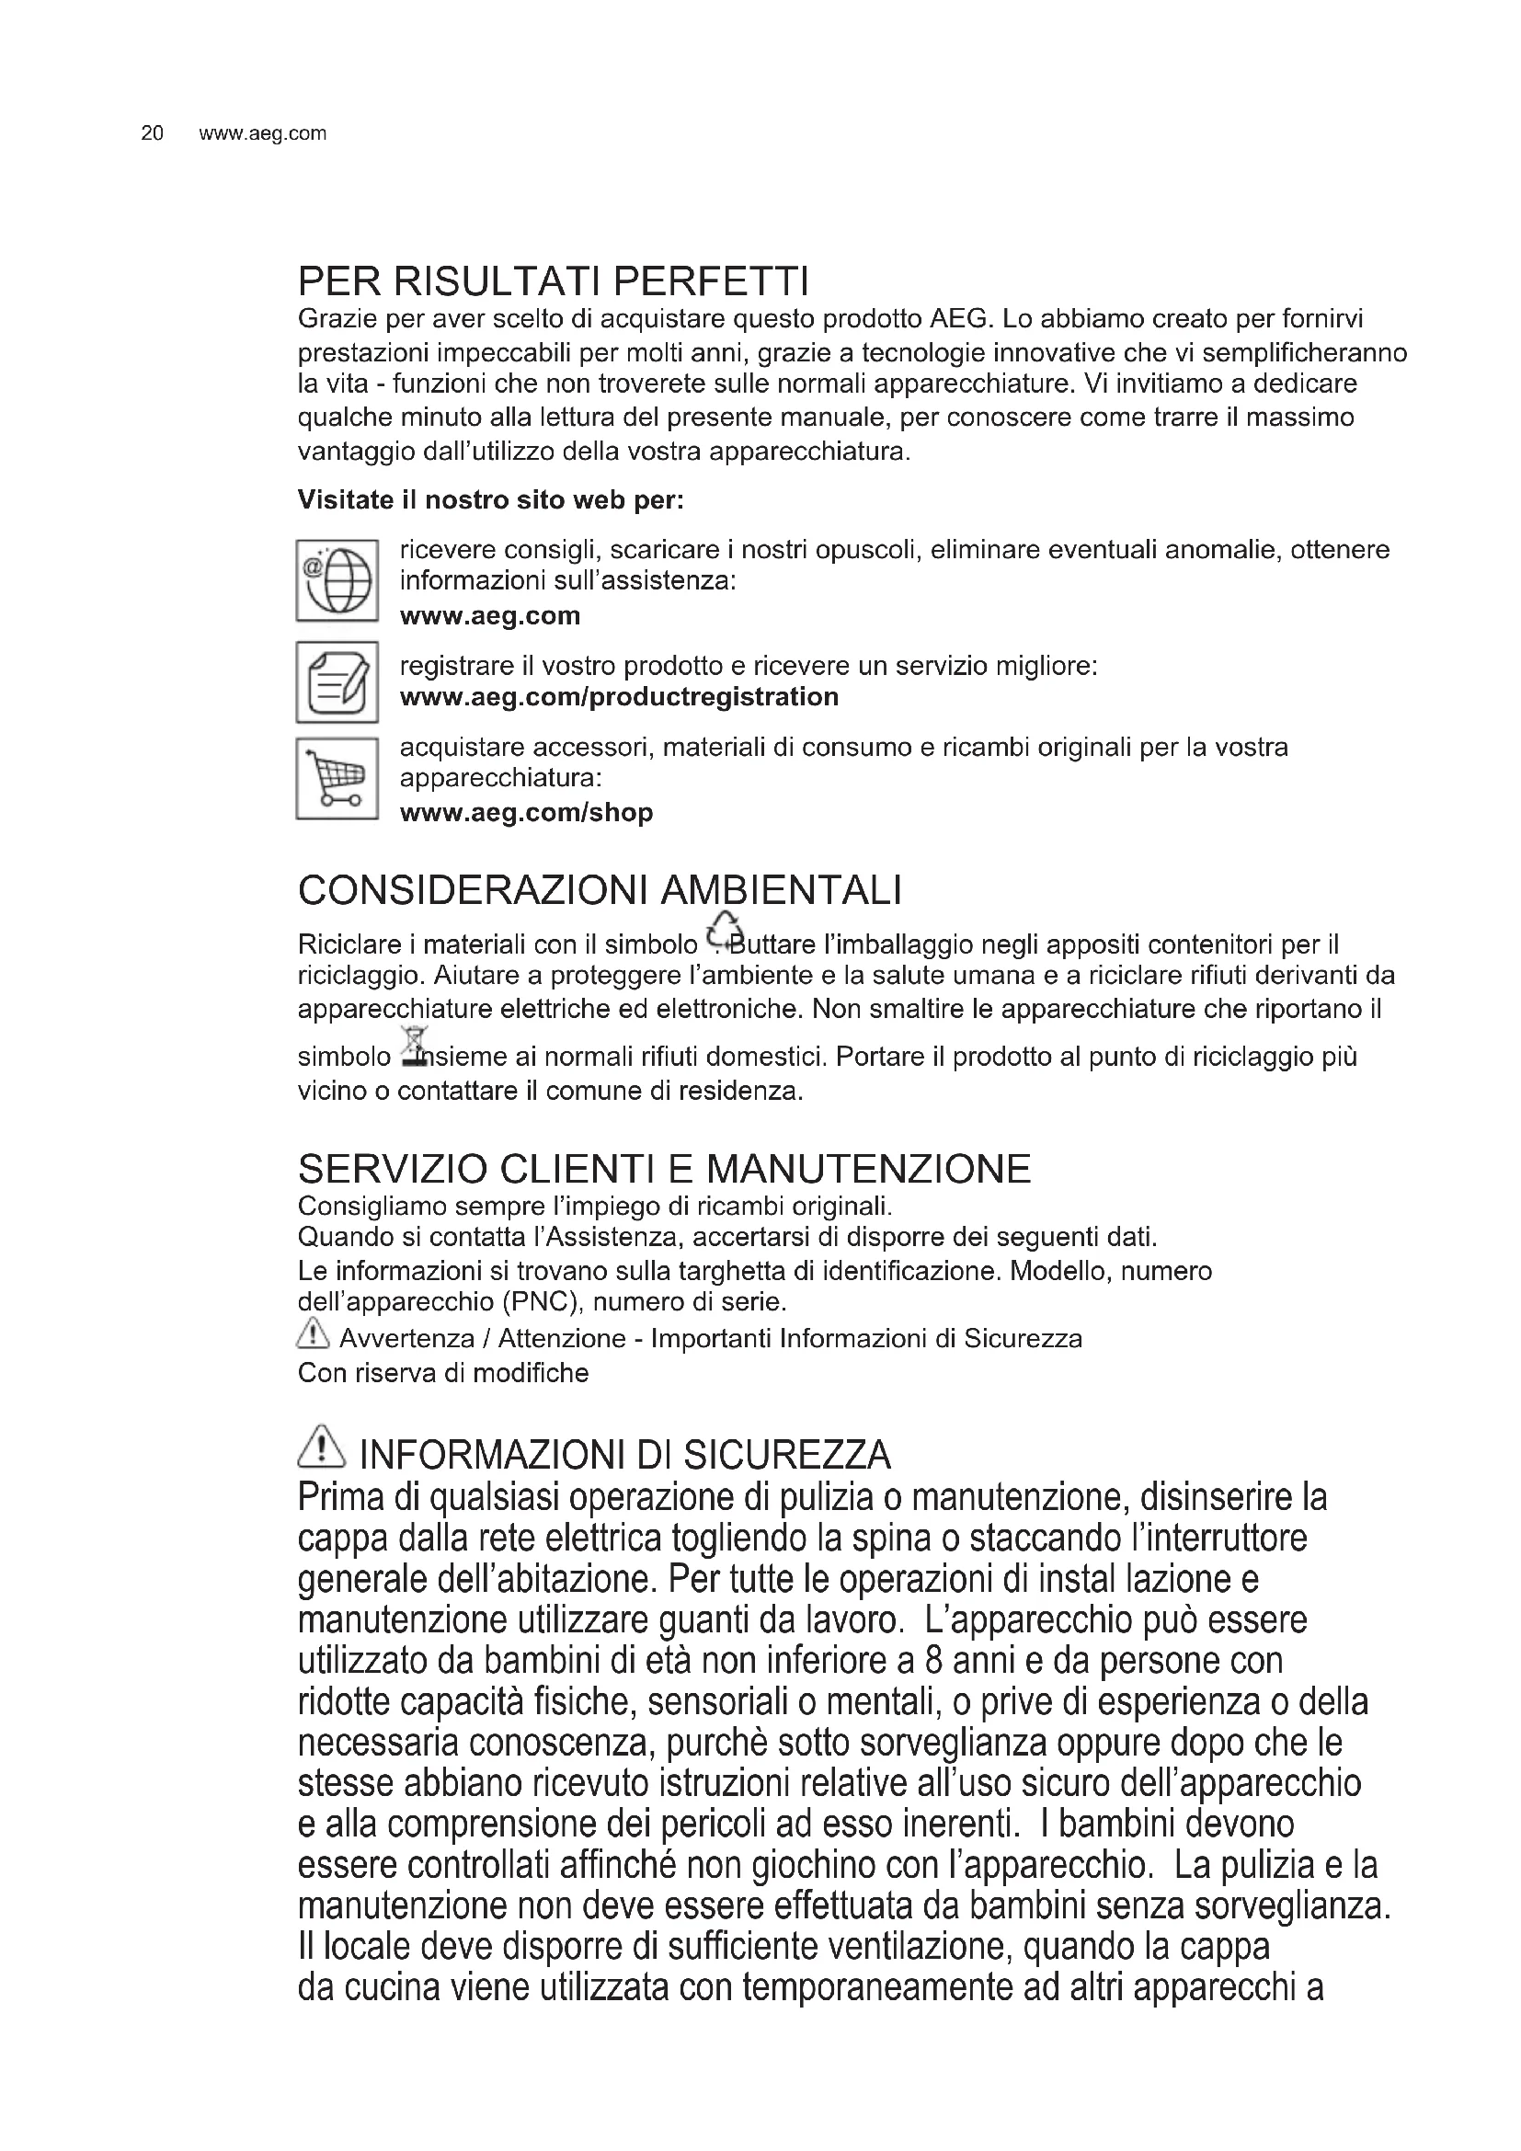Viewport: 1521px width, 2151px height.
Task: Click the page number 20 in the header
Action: pos(152,134)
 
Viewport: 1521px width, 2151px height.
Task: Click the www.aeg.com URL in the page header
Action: pos(262,134)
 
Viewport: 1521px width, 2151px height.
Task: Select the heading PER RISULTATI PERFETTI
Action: pos(553,281)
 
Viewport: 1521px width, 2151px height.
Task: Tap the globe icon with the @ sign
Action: pos(337,580)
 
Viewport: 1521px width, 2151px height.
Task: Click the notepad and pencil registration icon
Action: pos(337,682)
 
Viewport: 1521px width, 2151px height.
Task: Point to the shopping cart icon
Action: pos(337,780)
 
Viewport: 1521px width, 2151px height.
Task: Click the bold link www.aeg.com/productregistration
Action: pos(619,697)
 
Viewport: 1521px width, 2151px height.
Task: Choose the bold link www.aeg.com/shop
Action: pos(526,812)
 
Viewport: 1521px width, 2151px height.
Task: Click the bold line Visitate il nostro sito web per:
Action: pos(491,500)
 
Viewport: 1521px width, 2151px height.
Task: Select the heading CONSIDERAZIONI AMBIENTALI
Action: pos(600,891)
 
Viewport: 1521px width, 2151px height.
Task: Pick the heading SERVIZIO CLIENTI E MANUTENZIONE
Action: pos(664,1169)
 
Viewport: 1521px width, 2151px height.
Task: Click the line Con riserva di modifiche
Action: pos(443,1373)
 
